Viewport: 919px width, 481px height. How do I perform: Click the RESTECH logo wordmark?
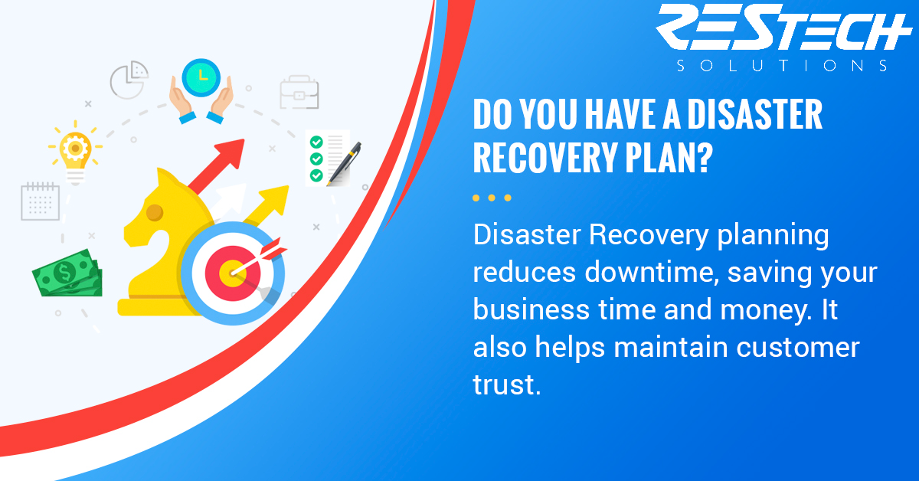click(783, 27)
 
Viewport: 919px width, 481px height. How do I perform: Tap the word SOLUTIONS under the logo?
click(783, 66)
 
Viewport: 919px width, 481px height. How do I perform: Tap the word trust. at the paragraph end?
click(507, 385)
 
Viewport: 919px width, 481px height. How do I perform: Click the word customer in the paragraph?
click(798, 348)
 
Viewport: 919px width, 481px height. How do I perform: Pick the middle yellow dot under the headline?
click(492, 198)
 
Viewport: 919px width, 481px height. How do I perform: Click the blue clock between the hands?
click(201, 77)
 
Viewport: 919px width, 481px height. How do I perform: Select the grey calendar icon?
click(40, 201)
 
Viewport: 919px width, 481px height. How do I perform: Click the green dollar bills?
click(67, 273)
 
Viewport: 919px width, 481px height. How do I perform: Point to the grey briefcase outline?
click(299, 93)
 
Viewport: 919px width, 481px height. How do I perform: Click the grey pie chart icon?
click(129, 80)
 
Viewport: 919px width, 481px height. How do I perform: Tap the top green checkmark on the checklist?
click(316, 142)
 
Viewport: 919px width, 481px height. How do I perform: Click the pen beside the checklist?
click(344, 164)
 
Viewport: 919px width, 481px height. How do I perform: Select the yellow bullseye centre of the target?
click(232, 273)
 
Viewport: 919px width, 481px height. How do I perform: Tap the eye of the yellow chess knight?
click(155, 213)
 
